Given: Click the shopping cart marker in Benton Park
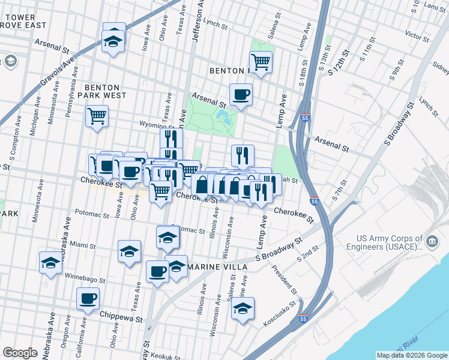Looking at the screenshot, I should coord(261,61).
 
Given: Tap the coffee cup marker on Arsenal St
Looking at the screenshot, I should coord(241,95).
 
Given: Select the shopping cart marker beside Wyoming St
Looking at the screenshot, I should coord(97,116).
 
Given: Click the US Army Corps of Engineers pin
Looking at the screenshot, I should coord(432,242).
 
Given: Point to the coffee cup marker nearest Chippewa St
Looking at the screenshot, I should coord(88,298).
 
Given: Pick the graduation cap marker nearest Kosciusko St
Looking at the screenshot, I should coord(243,309).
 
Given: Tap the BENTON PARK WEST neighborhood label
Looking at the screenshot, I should coord(106,91).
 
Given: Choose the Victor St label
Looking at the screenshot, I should coord(415,35).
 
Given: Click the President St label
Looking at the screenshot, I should coord(285,277).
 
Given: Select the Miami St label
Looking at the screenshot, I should coord(83,245).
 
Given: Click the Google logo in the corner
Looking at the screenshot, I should coord(20,353).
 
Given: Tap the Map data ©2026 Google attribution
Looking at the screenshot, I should coord(411,355).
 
